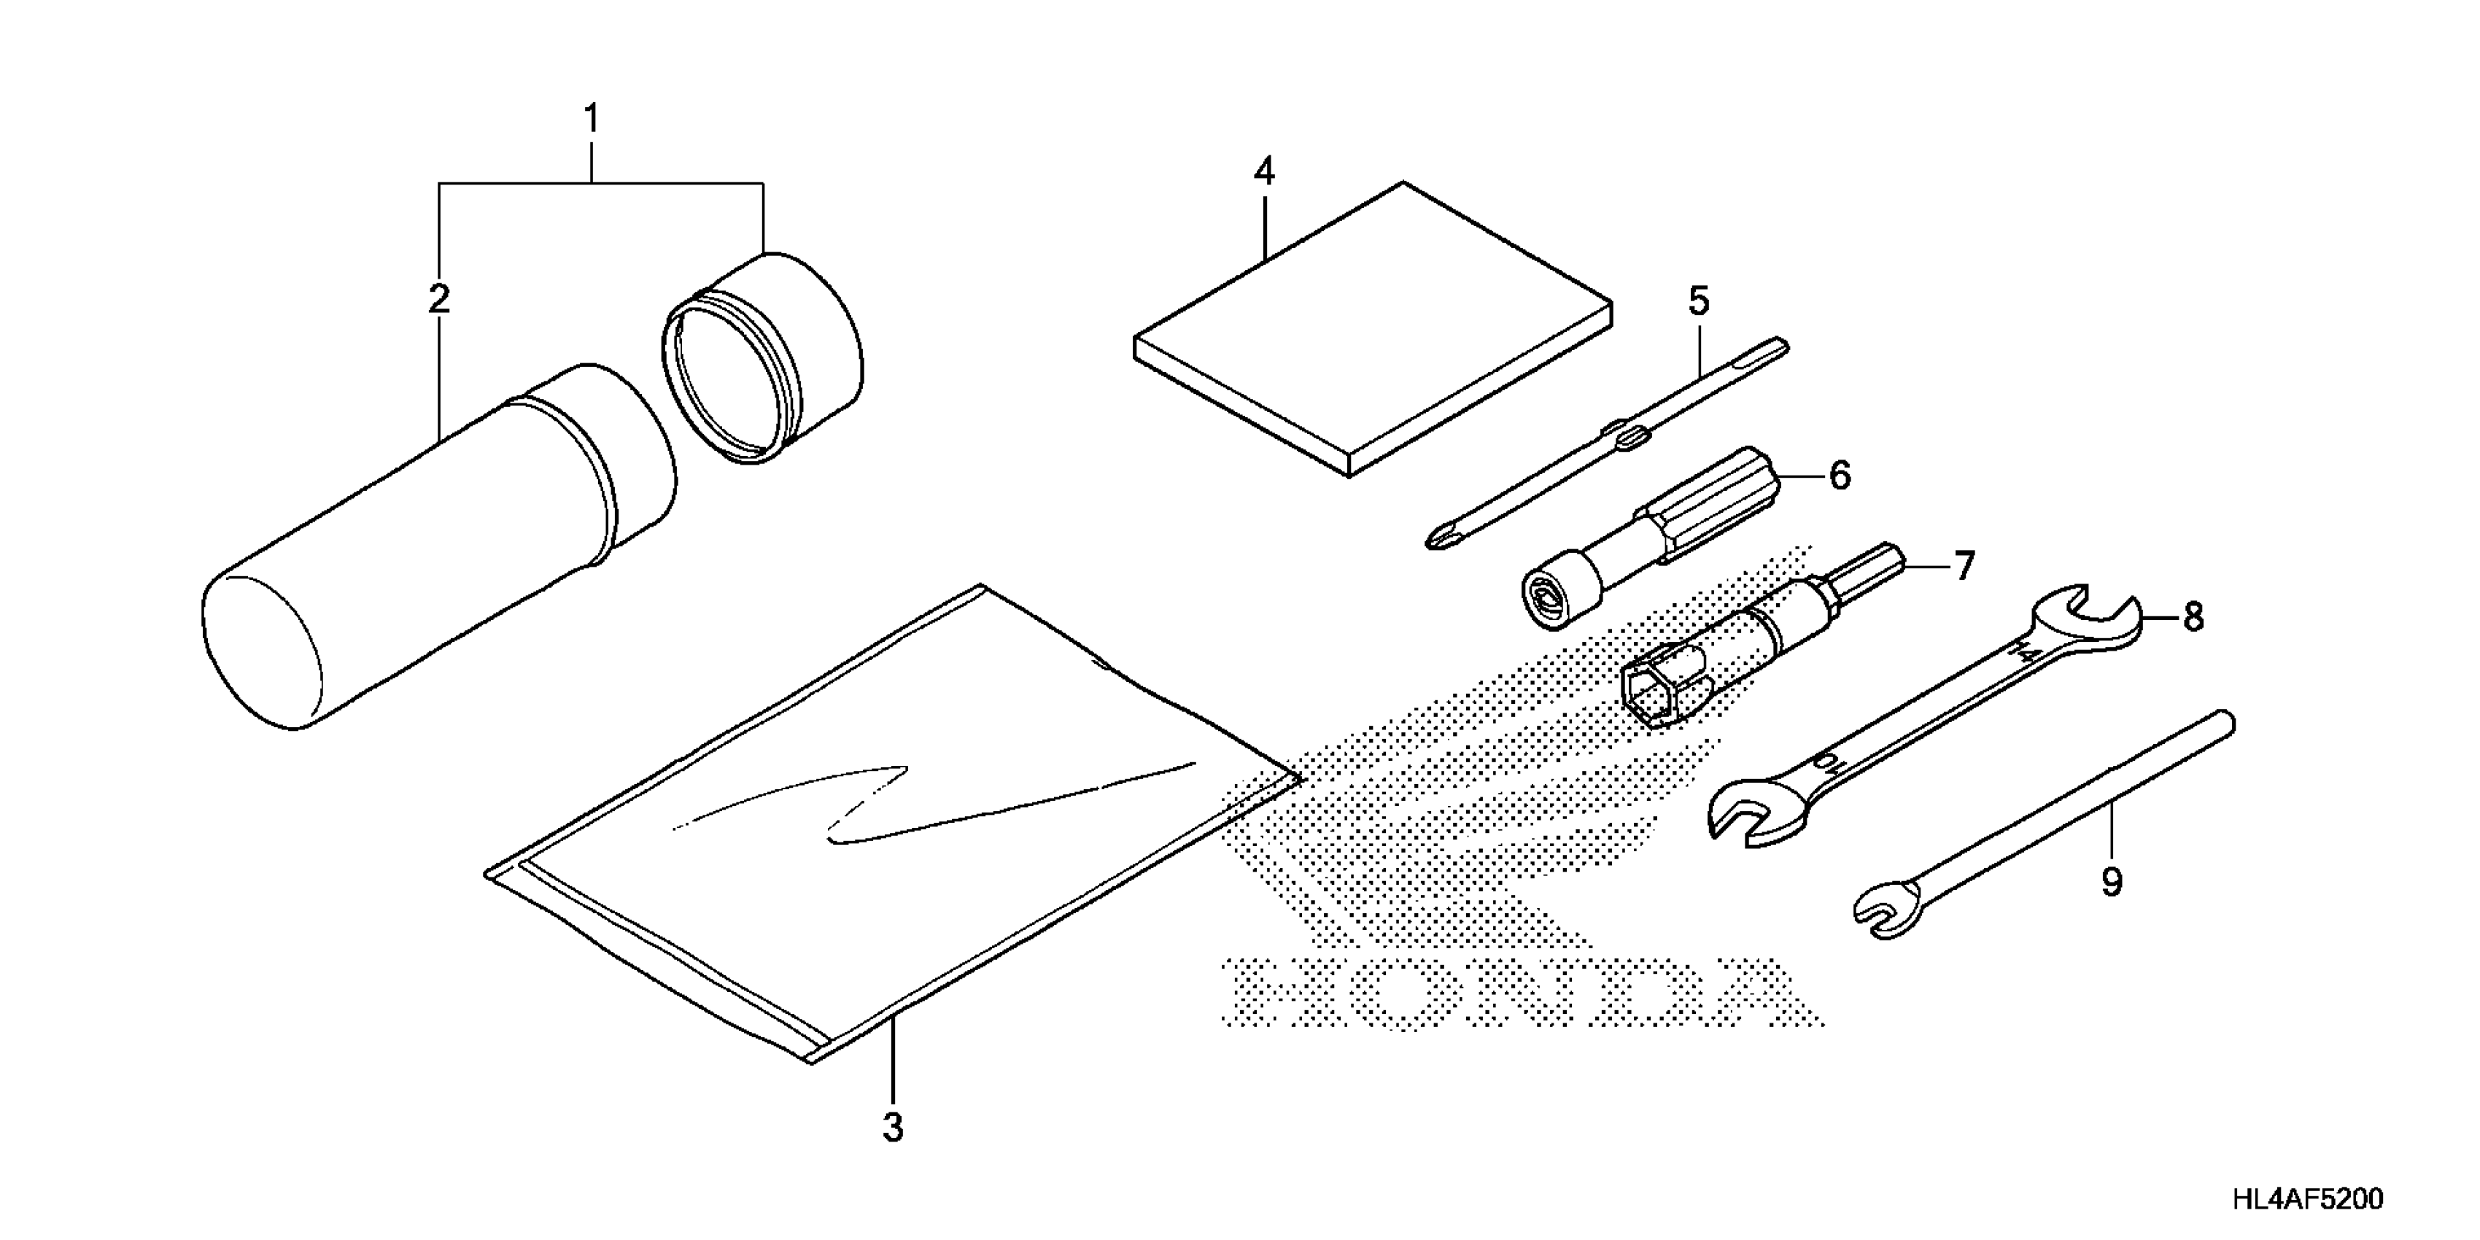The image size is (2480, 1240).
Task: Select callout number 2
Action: pyautogui.click(x=439, y=298)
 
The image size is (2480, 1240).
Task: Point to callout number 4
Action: pyautogui.click(x=1264, y=172)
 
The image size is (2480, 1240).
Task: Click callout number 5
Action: pyautogui.click(x=1700, y=301)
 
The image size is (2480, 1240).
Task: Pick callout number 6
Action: pyautogui.click(x=1840, y=476)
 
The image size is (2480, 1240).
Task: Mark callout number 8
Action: pyautogui.click(x=2193, y=617)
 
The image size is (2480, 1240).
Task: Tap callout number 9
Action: pyautogui.click(x=2111, y=882)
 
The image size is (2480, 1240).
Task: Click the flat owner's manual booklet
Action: pyautogui.click(x=1372, y=328)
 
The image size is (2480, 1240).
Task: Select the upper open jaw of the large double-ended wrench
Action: pyautogui.click(x=2089, y=621)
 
